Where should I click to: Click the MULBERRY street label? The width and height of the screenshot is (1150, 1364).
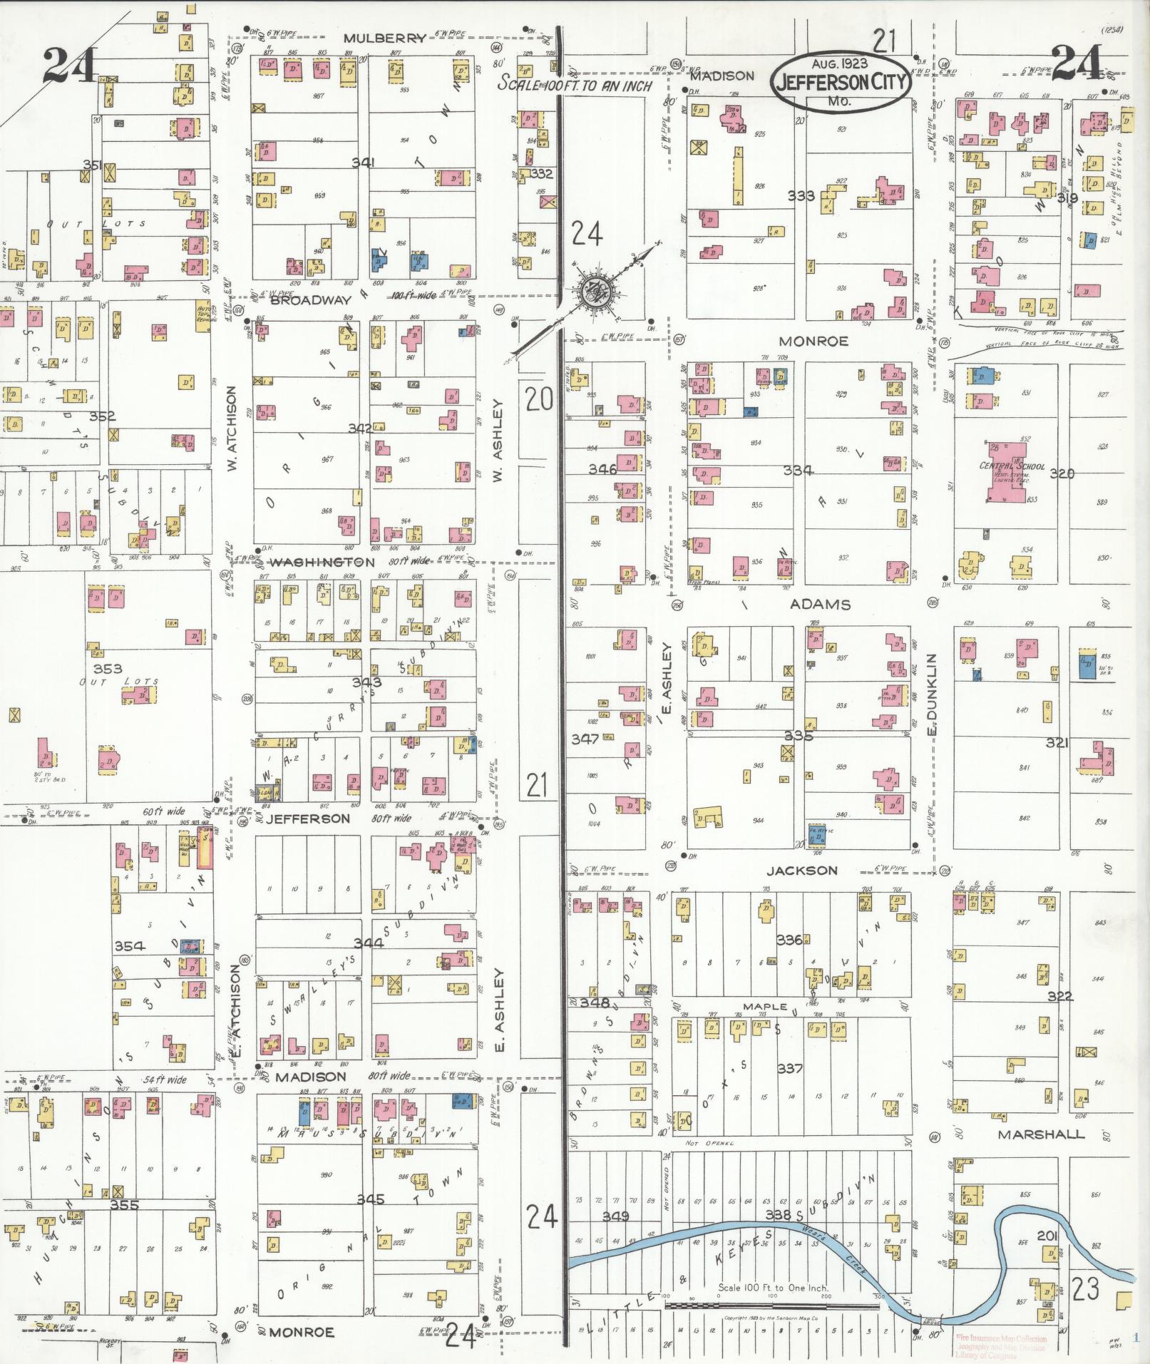(x=384, y=38)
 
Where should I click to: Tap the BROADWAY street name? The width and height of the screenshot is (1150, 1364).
(x=310, y=300)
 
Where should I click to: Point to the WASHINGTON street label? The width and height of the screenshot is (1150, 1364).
(x=322, y=562)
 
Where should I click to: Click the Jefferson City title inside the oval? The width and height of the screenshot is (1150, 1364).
(x=842, y=82)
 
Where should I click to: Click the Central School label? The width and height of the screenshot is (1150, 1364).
(x=1012, y=466)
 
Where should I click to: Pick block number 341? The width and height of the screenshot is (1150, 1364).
(x=363, y=163)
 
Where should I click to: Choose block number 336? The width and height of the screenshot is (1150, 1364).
(x=789, y=940)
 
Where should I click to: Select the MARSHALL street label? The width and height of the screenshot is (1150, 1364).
(x=1040, y=1134)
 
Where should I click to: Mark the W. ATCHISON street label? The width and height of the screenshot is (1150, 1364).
(x=231, y=429)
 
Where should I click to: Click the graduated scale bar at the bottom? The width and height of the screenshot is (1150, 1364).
(x=771, y=1306)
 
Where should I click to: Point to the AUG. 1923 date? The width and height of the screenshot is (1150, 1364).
(x=841, y=63)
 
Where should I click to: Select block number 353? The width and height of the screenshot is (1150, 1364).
(x=108, y=668)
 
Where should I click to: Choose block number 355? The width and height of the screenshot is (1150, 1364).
(x=124, y=1205)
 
